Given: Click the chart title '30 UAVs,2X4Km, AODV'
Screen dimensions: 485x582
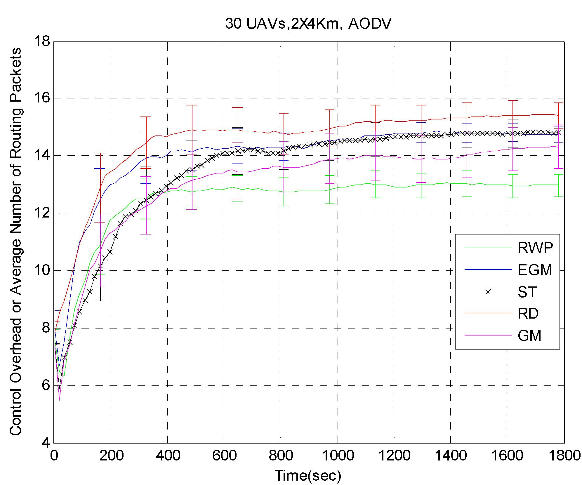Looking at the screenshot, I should pos(308,23).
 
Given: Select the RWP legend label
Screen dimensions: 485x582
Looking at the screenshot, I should pos(535,248).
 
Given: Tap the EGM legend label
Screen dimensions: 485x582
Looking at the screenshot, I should pos(534,270).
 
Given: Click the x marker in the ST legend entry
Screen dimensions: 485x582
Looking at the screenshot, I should pos(488,292).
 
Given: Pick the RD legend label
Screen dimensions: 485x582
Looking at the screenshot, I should pos(528,313).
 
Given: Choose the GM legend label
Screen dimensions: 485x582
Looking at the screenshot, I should pos(529,335).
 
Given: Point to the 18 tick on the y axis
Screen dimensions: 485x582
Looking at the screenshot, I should pos(42,42).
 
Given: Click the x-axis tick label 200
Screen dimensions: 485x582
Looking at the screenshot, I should pos(111,456).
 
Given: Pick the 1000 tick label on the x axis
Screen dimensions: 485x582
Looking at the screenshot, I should pos(338,456).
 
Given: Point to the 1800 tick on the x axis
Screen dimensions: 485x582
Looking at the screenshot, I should pos(564,456).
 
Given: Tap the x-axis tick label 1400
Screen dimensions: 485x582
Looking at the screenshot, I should pos(451,456).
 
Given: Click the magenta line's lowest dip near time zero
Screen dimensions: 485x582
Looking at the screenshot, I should pos(59,399).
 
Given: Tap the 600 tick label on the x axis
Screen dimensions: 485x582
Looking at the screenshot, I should pos(224,456).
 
